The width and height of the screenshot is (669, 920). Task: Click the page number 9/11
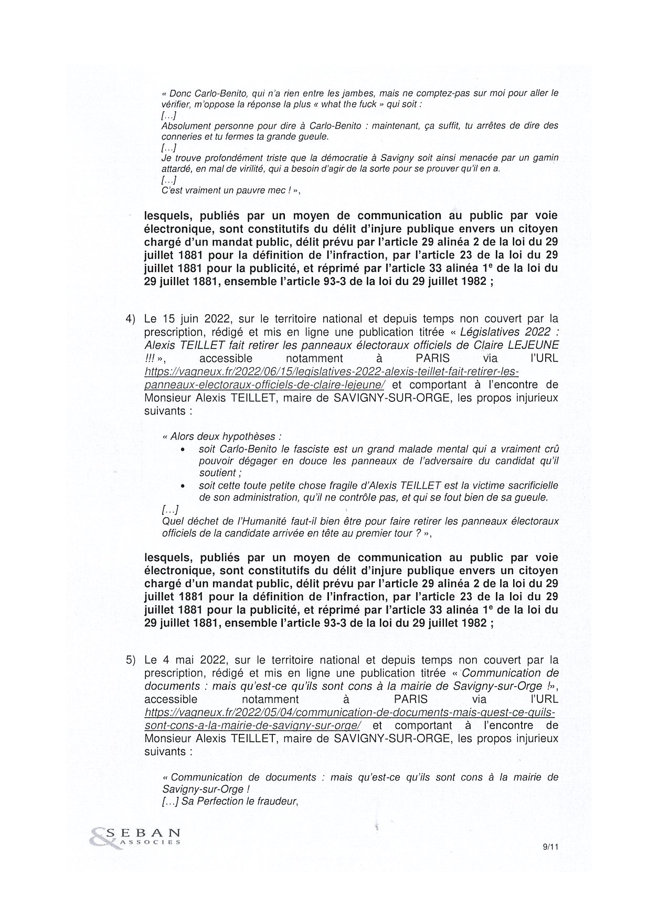tap(550, 846)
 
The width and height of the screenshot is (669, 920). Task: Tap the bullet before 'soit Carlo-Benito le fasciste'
tap(182, 450)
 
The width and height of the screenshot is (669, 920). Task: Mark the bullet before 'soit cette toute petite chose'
tap(182, 486)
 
